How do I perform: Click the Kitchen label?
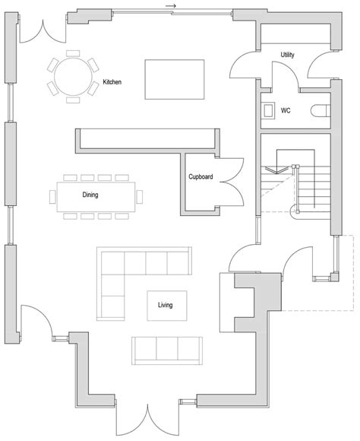[112, 81]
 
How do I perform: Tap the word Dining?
[90, 195]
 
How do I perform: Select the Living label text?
[165, 306]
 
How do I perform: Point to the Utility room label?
[287, 56]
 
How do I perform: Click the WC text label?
[286, 110]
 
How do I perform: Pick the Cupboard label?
[201, 177]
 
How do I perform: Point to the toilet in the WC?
[318, 110]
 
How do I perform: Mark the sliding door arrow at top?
[170, 7]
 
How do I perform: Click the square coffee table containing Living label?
[166, 305]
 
